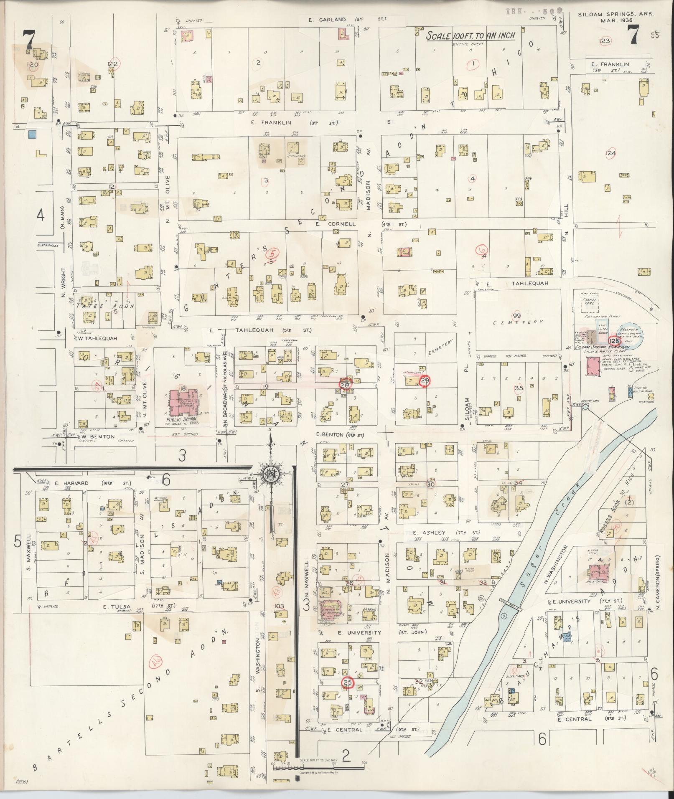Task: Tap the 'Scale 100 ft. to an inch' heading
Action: click(470, 36)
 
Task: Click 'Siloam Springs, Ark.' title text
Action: click(616, 14)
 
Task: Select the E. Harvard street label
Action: click(76, 484)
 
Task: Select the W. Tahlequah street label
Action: click(95, 338)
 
